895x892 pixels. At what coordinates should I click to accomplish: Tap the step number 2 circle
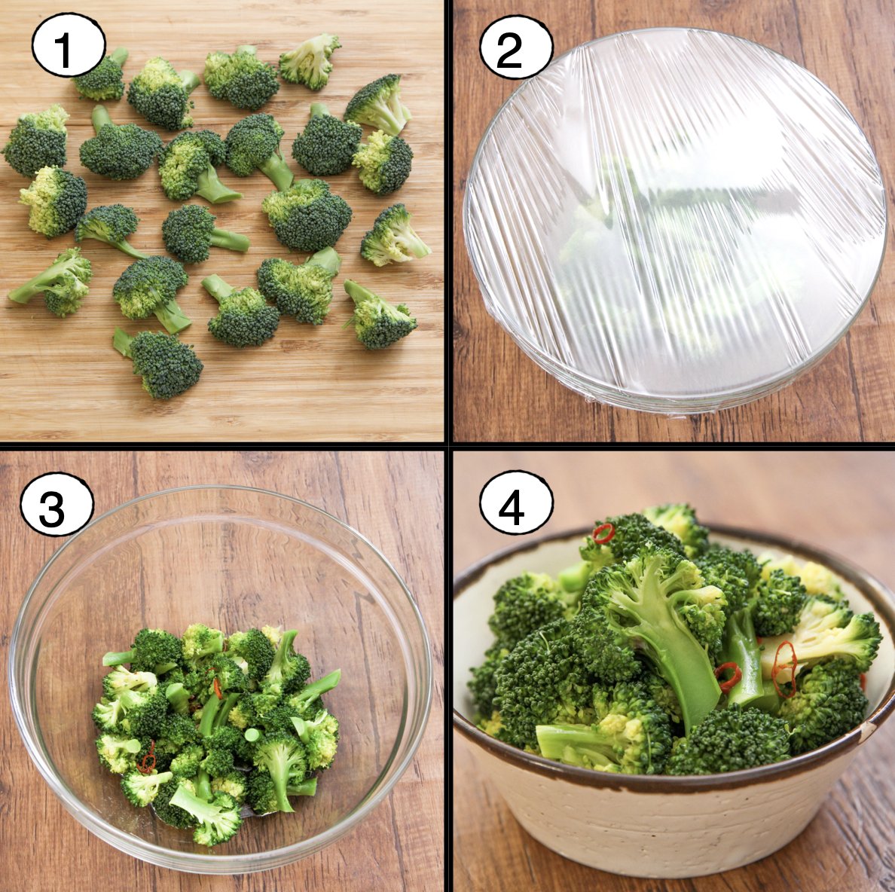coord(516,47)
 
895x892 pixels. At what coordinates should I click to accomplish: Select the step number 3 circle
coord(57,504)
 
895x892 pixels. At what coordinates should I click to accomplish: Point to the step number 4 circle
coord(516,503)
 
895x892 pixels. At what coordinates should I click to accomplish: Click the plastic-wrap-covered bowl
coord(675,219)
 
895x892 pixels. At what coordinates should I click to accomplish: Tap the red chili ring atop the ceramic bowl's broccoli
coord(603,533)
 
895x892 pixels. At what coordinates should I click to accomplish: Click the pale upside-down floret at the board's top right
coord(310,61)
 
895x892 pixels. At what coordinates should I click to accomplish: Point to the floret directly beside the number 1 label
coord(102,76)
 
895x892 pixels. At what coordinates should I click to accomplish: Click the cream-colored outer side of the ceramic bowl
coord(667,827)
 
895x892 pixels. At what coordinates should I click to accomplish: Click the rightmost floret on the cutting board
coord(394,236)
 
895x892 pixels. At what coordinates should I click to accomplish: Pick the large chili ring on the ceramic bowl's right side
coord(784,670)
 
